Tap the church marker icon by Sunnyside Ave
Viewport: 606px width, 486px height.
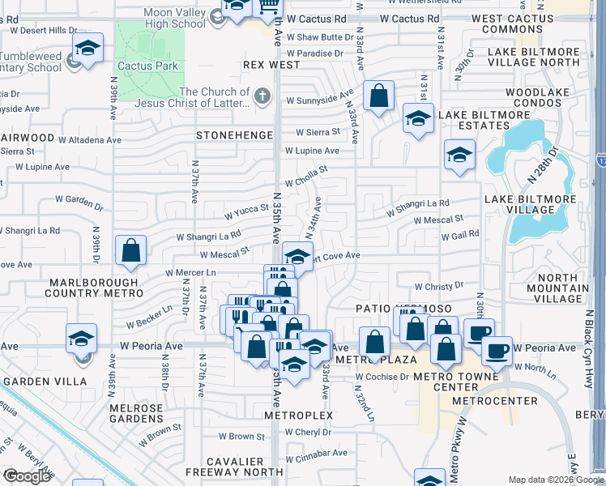[261, 97]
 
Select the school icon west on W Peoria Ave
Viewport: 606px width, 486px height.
[81, 339]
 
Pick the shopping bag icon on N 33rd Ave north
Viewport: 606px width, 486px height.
[378, 96]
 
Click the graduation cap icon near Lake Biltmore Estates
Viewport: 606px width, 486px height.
[417, 119]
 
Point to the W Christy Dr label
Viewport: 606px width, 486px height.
[438, 286]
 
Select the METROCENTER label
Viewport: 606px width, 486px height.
[494, 401]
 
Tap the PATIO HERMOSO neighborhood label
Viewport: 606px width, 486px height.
[392, 309]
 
